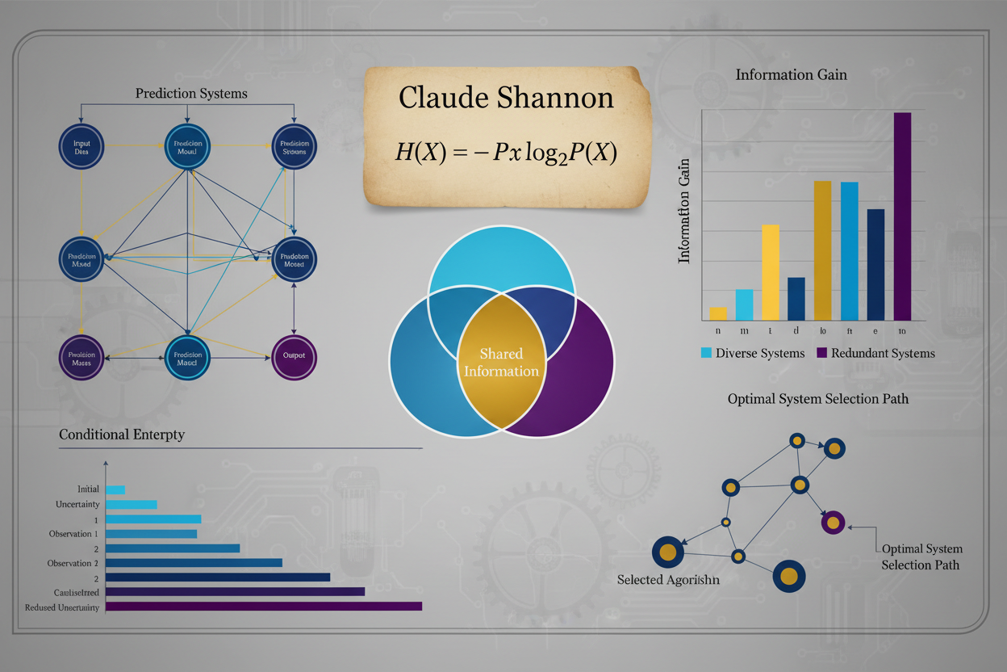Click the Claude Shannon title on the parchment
pos(506,98)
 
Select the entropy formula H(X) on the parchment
pos(506,152)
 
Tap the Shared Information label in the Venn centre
pos(500,363)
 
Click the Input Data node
pos(82,147)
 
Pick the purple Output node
pos(294,358)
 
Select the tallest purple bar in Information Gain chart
pos(902,216)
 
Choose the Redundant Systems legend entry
pos(875,353)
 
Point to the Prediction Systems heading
pos(191,94)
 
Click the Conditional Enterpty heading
pos(122,435)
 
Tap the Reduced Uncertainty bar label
pos(62,607)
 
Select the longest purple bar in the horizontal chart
pos(264,607)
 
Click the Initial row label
pos(88,489)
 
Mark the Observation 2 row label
pos(73,563)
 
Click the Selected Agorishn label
pos(668,580)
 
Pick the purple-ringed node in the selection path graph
pos(833,523)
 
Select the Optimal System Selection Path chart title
pos(817,399)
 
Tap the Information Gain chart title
pos(791,75)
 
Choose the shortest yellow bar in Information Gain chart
pos(718,313)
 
